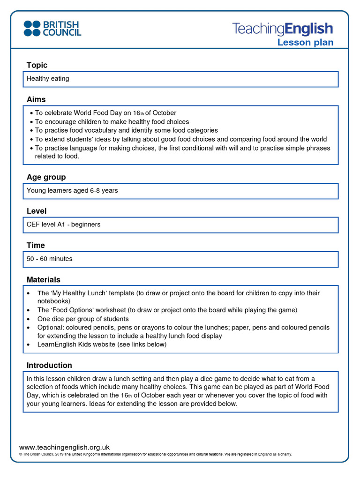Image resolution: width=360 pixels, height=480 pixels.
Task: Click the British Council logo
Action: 52,29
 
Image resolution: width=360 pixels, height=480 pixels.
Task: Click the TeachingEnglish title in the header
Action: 282,29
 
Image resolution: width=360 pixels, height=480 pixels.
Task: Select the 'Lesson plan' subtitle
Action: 305,43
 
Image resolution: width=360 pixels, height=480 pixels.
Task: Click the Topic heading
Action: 37,65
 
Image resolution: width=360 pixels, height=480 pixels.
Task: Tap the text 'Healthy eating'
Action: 48,79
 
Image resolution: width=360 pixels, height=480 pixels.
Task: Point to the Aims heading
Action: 36,99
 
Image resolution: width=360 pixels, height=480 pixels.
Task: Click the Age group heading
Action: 46,177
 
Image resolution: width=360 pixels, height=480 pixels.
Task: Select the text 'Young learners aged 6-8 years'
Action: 72,191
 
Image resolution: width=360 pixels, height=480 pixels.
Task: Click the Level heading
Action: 37,211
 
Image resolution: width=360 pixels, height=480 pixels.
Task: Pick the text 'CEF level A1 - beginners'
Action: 63,225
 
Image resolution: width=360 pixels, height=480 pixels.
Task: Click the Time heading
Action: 36,245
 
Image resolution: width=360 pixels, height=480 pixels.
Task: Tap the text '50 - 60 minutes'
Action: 50,259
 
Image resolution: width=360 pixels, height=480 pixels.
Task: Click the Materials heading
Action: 44,279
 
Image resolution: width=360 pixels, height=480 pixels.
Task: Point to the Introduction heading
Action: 49,365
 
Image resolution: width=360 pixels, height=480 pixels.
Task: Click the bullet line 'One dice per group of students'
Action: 83,319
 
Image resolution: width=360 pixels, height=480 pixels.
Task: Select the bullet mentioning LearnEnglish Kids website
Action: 102,345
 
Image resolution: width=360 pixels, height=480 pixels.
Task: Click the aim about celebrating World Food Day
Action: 105,113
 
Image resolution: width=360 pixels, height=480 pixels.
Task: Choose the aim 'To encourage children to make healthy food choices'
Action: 112,122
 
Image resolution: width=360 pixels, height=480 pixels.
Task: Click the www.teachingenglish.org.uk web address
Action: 64,447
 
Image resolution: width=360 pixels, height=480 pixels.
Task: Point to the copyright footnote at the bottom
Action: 155,454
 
